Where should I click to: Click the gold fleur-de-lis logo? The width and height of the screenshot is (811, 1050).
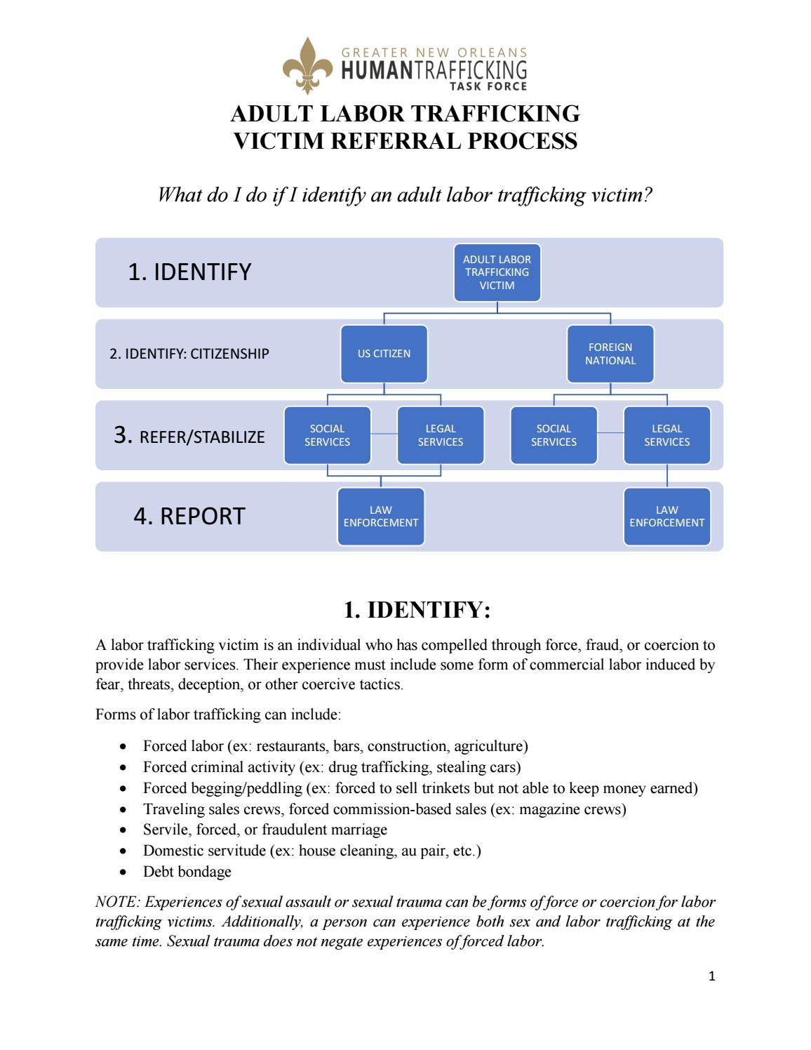307,67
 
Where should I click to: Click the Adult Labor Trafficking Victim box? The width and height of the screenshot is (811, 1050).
497,272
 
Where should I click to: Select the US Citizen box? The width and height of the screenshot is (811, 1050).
384,354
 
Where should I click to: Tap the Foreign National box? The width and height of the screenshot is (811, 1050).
610,354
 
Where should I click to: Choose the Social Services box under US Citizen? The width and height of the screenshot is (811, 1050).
327,435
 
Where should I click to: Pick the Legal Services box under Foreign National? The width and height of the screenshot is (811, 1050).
666,435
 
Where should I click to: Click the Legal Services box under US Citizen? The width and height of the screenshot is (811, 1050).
441,435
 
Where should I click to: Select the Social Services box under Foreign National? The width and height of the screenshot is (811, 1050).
554,435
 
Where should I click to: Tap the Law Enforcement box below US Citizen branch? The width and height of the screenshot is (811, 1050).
381,517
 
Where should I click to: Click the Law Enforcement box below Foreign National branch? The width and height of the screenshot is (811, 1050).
666,517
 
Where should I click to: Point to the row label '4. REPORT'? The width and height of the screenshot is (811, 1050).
189,516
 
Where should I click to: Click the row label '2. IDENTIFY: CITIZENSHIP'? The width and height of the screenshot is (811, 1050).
189,354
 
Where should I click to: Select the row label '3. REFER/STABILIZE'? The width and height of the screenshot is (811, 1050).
189,436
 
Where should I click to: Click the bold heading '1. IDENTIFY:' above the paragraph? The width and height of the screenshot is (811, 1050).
416,610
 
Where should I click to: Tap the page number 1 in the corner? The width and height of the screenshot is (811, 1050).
711,976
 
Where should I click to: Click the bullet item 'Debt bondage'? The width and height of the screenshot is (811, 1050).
187,872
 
